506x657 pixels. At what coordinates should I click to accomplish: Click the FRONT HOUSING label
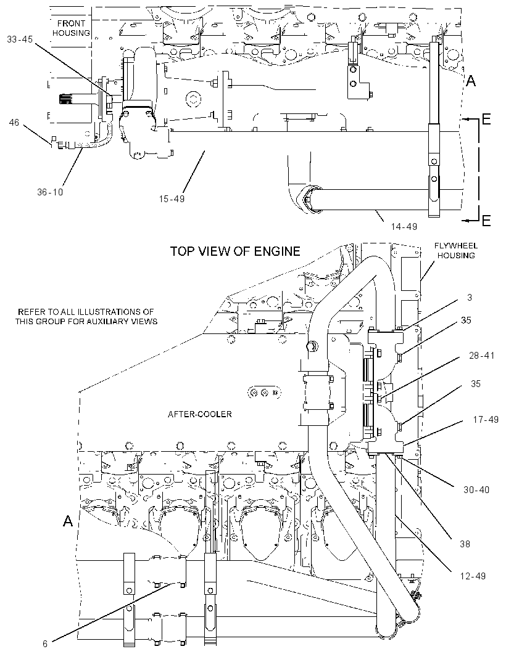click(x=71, y=28)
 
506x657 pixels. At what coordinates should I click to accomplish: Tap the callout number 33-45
click(x=20, y=39)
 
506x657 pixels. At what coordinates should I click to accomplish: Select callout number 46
click(x=14, y=123)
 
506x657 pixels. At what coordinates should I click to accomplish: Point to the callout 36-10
click(x=50, y=192)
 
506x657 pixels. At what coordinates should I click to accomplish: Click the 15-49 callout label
click(x=172, y=198)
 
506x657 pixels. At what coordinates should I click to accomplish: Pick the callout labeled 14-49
click(x=404, y=227)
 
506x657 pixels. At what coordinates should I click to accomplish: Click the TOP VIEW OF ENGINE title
click(x=235, y=251)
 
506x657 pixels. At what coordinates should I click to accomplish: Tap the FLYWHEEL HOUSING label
click(x=456, y=251)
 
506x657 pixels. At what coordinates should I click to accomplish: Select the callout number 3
click(x=470, y=297)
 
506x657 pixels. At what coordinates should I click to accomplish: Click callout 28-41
click(x=482, y=356)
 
